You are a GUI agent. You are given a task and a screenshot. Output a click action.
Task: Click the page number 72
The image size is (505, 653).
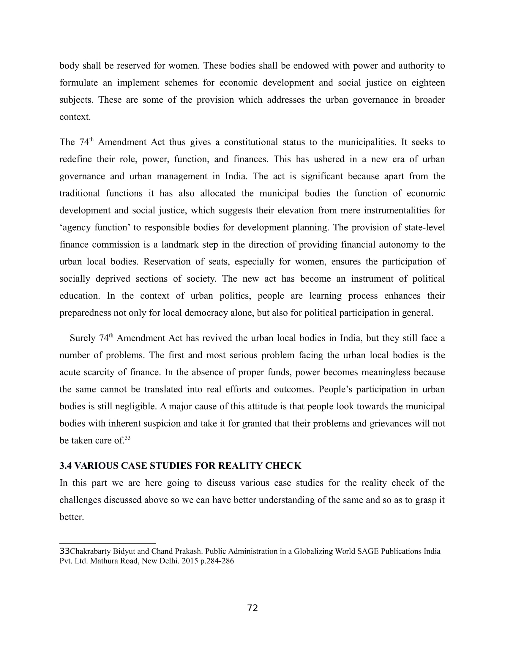252,608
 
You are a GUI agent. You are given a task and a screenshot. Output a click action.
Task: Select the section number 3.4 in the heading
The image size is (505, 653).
66,466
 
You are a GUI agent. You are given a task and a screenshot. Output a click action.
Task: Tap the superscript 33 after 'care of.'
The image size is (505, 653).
128,438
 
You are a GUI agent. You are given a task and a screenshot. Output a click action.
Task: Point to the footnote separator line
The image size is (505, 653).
108,543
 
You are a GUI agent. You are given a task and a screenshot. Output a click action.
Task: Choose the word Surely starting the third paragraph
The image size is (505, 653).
83,338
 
